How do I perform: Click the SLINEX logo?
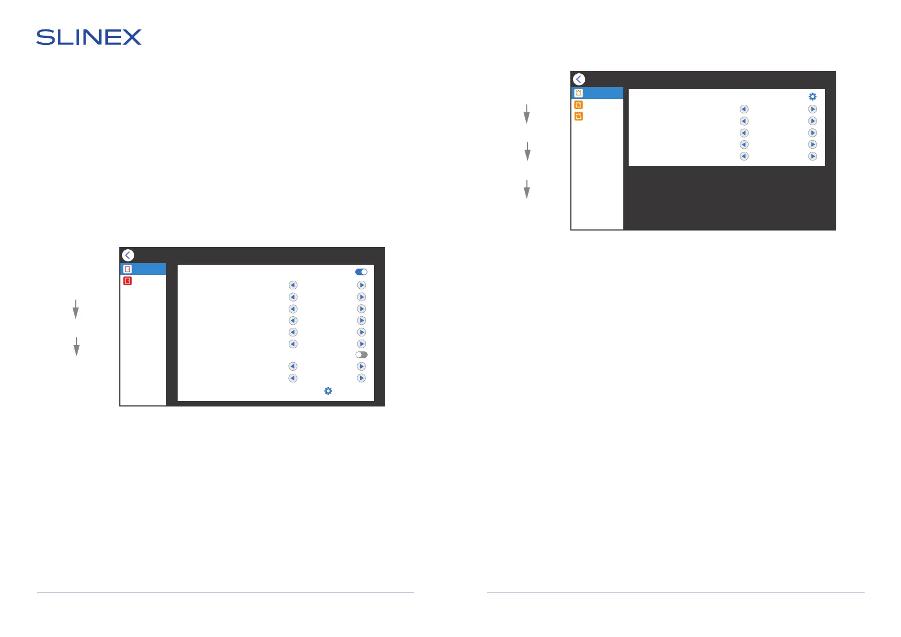(x=89, y=37)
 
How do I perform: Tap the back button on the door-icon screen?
(x=128, y=255)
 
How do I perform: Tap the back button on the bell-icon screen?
(x=579, y=79)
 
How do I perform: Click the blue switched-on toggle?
(x=361, y=272)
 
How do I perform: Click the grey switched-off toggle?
(x=361, y=355)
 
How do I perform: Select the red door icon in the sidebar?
(x=127, y=281)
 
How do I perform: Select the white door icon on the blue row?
(x=127, y=269)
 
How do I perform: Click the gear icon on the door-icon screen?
(x=328, y=391)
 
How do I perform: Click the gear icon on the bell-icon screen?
(x=812, y=97)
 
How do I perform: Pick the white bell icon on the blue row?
(x=578, y=93)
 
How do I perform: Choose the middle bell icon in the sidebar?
(x=578, y=105)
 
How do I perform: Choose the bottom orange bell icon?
(x=578, y=116)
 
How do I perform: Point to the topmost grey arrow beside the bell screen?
(x=526, y=114)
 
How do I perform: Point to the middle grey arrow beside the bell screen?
(x=528, y=151)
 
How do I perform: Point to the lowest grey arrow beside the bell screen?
(x=526, y=189)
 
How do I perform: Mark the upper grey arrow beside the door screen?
(x=75, y=309)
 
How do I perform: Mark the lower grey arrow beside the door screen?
(x=77, y=347)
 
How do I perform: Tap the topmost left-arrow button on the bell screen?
(x=744, y=109)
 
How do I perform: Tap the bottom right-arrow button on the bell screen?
(x=812, y=156)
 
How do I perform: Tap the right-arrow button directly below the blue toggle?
(x=361, y=285)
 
